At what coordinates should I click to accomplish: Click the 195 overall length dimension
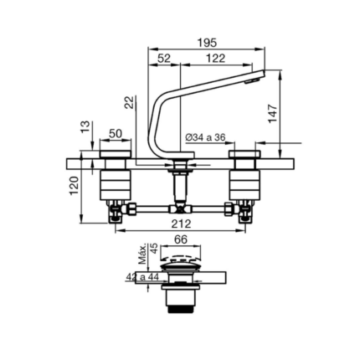pyautogui.click(x=207, y=43)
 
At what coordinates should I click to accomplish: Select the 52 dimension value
pyautogui.click(x=164, y=59)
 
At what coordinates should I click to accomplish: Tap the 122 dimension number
pyautogui.click(x=215, y=59)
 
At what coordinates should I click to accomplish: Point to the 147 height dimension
pyautogui.click(x=272, y=113)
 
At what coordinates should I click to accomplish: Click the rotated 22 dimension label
pyautogui.click(x=130, y=102)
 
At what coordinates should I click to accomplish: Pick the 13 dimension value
pyautogui.click(x=85, y=127)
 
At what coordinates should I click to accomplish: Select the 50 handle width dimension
pyautogui.click(x=116, y=134)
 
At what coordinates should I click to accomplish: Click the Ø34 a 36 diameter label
pyautogui.click(x=205, y=137)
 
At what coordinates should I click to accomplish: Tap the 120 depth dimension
pyautogui.click(x=75, y=186)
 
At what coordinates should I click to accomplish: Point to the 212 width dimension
pyautogui.click(x=182, y=224)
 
